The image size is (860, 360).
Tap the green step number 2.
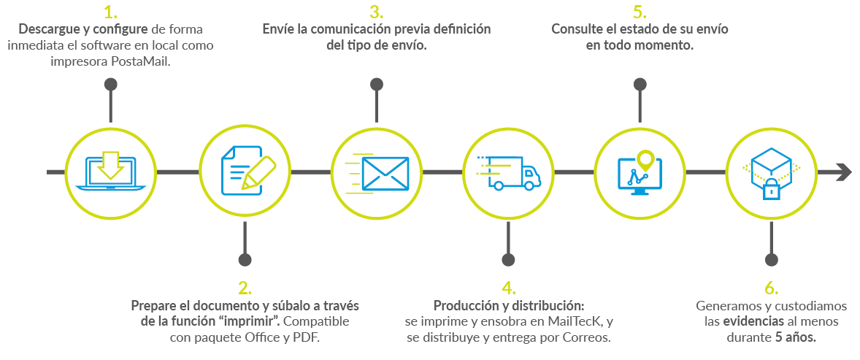[x=245, y=287]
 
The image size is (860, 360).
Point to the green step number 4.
[x=508, y=287]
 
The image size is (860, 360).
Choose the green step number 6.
[x=771, y=287]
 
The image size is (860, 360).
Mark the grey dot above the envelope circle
[x=377, y=84]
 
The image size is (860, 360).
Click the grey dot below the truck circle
[x=508, y=259]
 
